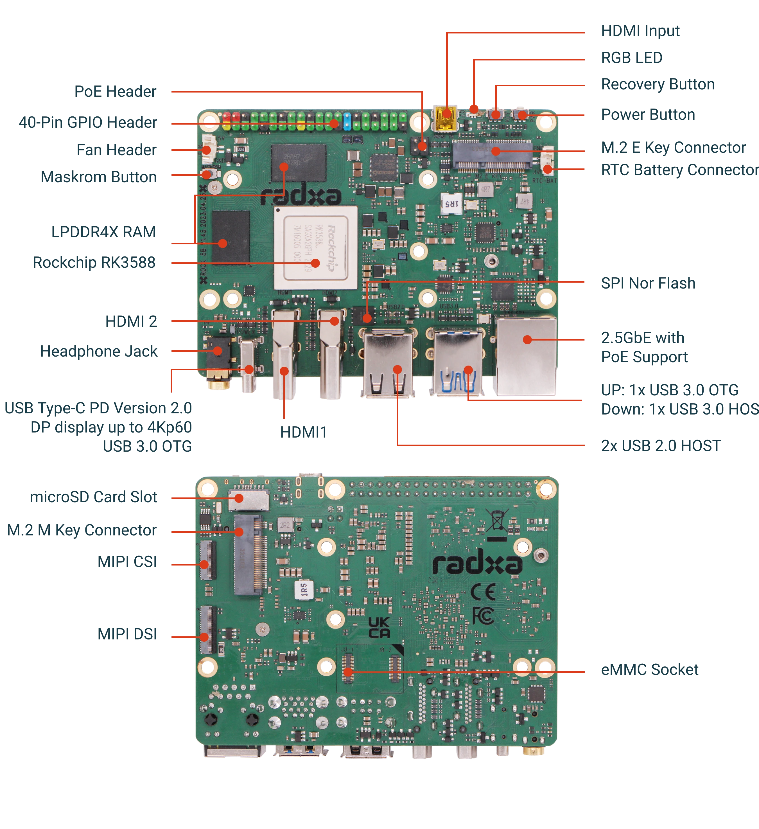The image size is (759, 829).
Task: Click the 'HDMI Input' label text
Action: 640,31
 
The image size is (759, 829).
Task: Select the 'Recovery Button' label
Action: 657,84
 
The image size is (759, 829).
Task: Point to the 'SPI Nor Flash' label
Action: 647,283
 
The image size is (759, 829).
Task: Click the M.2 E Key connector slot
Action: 491,155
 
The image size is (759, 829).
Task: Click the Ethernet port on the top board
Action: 526,356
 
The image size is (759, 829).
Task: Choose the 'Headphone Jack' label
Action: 99,352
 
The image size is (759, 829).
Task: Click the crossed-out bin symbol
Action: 496,520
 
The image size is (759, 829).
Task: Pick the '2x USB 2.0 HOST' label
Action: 660,446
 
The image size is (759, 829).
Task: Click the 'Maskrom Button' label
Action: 99,177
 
